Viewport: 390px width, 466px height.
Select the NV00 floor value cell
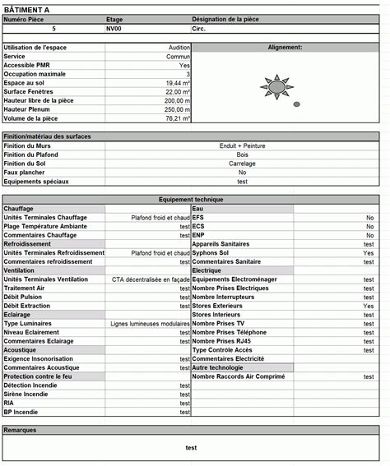pyautogui.click(x=114, y=28)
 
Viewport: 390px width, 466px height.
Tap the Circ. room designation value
pyautogui.click(x=200, y=28)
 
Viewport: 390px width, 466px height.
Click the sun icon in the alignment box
pyautogui.click(x=276, y=85)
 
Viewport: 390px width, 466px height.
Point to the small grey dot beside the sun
pyautogui.click(x=297, y=104)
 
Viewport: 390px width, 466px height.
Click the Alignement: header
pyautogui.click(x=285, y=48)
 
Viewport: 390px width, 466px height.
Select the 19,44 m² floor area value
pyautogui.click(x=178, y=83)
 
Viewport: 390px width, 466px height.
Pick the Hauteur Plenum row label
pyautogui.click(x=26, y=109)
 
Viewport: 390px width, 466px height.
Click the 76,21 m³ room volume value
pyautogui.click(x=178, y=118)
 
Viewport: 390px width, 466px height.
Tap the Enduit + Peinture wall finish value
pyautogui.click(x=242, y=145)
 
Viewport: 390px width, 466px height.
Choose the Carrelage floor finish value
pyautogui.click(x=242, y=164)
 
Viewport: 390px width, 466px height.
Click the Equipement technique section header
pyautogui.click(x=190, y=200)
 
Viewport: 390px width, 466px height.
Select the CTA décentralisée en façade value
pyautogui.click(x=151, y=279)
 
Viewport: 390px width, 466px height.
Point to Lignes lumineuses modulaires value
pyautogui.click(x=150, y=324)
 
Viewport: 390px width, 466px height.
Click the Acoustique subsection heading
pyautogui.click(x=21, y=350)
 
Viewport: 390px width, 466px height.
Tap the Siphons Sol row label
pyautogui.click(x=211, y=253)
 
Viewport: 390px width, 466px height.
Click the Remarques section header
pyautogui.click(x=21, y=430)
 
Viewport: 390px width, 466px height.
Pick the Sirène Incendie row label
pyautogui.click(x=26, y=394)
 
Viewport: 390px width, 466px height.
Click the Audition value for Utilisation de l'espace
pyautogui.click(x=179, y=48)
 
